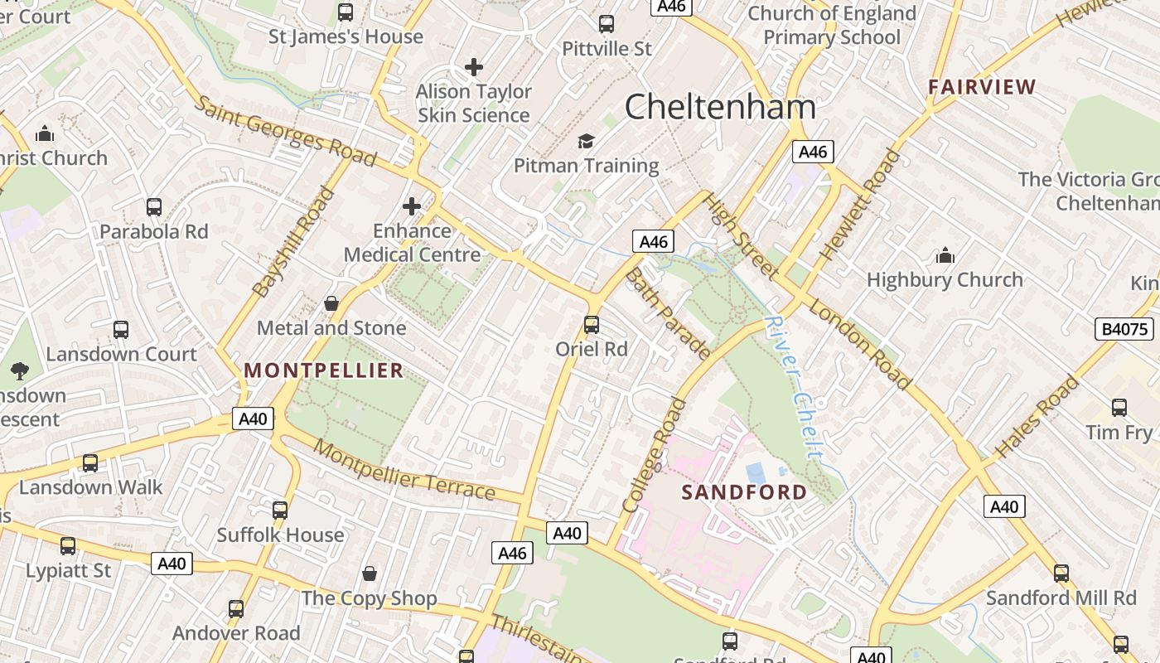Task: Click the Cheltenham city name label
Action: pos(720,107)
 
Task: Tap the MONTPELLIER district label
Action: pos(324,370)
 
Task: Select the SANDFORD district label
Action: pos(744,492)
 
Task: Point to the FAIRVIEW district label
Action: pos(982,87)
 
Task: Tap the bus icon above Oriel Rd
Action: pos(592,324)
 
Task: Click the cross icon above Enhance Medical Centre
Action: pos(412,206)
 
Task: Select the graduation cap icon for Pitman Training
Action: pos(586,141)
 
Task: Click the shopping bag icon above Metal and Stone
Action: pos(331,303)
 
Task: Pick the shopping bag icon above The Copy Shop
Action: pos(370,573)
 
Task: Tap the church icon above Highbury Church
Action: pos(945,255)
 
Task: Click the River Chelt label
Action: pos(795,387)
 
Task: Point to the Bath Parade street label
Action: pos(667,313)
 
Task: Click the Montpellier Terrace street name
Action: pos(404,471)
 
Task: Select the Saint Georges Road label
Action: pos(286,131)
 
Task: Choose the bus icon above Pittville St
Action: pos(607,24)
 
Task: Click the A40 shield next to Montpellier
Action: pos(252,419)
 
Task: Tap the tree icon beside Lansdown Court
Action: pos(20,370)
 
